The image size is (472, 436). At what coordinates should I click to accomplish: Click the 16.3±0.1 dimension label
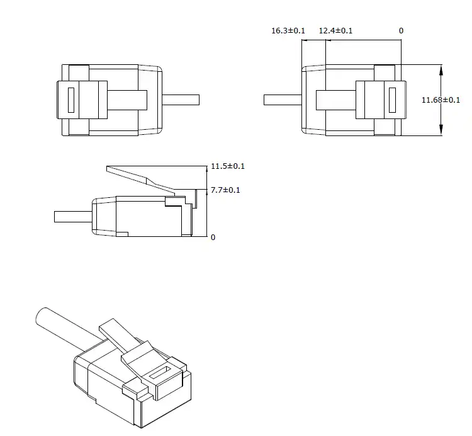point(288,31)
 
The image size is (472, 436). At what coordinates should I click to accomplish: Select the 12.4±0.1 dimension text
point(335,31)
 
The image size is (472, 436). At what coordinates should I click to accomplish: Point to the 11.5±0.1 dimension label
point(228,166)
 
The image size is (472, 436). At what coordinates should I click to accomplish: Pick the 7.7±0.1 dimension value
point(225,190)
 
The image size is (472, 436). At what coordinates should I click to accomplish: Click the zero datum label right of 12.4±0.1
point(401,31)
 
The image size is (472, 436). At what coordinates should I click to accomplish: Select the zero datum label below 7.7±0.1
point(213,238)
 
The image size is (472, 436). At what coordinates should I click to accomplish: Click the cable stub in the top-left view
point(181,100)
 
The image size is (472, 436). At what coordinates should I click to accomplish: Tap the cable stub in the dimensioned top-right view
point(283,100)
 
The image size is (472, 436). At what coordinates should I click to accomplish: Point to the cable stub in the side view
point(73,217)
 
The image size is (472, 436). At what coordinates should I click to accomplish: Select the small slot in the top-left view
point(70,100)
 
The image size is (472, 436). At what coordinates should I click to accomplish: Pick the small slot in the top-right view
point(392,100)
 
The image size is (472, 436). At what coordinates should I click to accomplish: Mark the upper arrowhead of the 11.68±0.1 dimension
point(441,69)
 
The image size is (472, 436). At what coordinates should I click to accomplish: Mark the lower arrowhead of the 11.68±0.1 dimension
point(441,130)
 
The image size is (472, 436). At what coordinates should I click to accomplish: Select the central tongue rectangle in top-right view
point(335,100)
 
